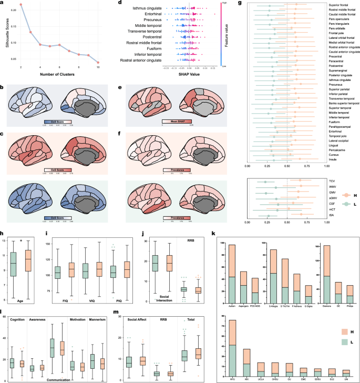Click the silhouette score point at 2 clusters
pyautogui.click(x=21, y=5)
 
